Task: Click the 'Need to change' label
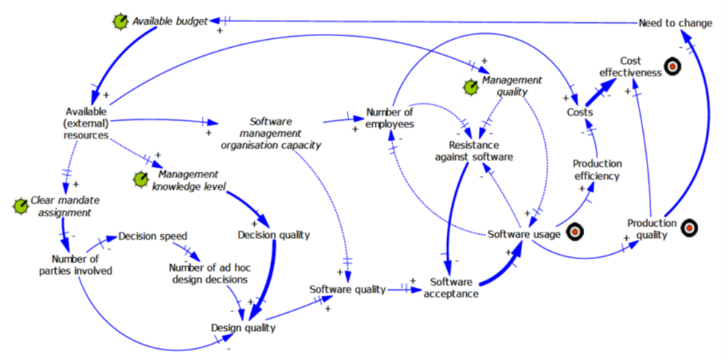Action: pyautogui.click(x=675, y=23)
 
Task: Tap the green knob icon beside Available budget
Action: pyautogui.click(x=119, y=23)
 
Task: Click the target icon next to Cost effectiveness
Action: pyautogui.click(x=672, y=67)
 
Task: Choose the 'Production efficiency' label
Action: pyautogui.click(x=597, y=169)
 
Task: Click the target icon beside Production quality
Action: pyautogui.click(x=689, y=228)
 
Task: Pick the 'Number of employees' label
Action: pyautogui.click(x=389, y=119)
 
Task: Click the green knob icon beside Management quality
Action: pyautogui.click(x=470, y=88)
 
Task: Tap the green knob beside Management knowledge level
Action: pyautogui.click(x=140, y=179)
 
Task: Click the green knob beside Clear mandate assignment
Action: pyautogui.click(x=19, y=205)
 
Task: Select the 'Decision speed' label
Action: pyautogui.click(x=151, y=236)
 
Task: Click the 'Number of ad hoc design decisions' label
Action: pyautogui.click(x=208, y=273)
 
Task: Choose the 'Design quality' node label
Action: pyautogui.click(x=243, y=328)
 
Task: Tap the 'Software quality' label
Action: pyautogui.click(x=347, y=289)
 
